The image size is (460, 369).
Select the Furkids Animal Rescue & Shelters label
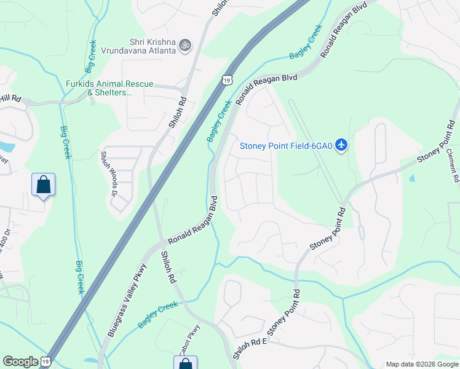pyautogui.click(x=109, y=88)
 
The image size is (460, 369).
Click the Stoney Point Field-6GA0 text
pyautogui.click(x=286, y=146)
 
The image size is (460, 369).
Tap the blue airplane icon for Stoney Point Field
pyautogui.click(x=343, y=146)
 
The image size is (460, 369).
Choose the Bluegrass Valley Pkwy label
pyautogui.click(x=127, y=300)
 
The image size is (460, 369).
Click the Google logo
pyautogui.click(x=20, y=362)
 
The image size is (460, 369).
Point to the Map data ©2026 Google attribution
pyautogui.click(x=421, y=364)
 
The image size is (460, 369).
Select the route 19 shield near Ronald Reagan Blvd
pyautogui.click(x=227, y=80)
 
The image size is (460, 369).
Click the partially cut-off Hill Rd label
pyautogui.click(x=11, y=98)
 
